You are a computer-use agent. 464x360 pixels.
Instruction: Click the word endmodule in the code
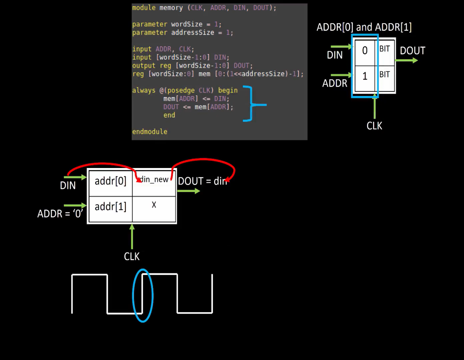(x=150, y=132)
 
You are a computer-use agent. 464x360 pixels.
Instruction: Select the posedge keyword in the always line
(x=181, y=90)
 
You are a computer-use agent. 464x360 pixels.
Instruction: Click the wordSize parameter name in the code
(x=187, y=24)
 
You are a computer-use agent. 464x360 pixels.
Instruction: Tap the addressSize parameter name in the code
(x=193, y=33)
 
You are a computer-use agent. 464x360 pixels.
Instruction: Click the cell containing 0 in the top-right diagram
(x=365, y=51)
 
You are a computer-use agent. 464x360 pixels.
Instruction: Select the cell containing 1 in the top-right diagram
(x=365, y=76)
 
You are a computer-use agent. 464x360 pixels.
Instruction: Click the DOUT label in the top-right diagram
(x=412, y=51)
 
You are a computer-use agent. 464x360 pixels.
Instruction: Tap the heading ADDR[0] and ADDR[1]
(x=364, y=27)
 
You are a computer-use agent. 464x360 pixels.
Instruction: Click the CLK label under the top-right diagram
(x=374, y=126)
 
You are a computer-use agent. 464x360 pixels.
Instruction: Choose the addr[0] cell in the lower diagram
(x=110, y=181)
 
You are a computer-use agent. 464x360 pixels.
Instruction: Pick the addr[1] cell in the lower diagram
(x=110, y=207)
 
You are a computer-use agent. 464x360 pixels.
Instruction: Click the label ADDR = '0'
(x=60, y=214)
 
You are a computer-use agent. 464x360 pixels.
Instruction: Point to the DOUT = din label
(x=202, y=181)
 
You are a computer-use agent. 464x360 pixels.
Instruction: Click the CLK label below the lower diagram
(x=132, y=256)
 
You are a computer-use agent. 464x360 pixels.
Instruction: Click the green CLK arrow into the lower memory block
(x=132, y=237)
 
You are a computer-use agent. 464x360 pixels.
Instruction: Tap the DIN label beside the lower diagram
(x=68, y=186)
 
